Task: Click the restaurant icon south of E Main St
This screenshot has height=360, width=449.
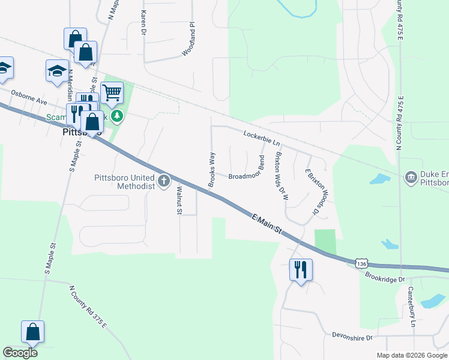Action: click(301, 269)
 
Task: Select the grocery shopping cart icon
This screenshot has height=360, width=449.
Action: click(112, 93)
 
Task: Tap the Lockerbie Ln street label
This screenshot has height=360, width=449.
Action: click(262, 138)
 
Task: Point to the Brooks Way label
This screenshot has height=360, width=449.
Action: click(211, 170)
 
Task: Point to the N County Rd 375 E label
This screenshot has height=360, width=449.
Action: click(88, 307)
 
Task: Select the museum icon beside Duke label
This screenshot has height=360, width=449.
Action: click(411, 176)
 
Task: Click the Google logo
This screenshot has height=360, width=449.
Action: click(20, 353)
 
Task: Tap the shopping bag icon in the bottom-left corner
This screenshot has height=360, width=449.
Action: click(32, 332)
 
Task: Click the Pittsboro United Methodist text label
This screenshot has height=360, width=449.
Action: click(125, 181)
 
